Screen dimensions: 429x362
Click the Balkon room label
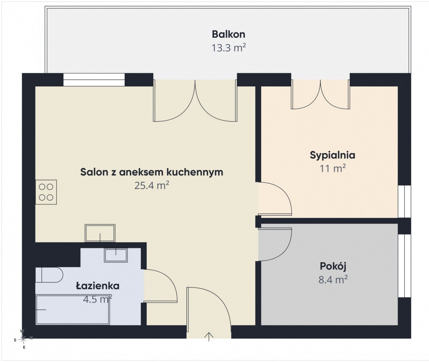coord(228,34)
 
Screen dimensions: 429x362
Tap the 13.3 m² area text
coord(229,48)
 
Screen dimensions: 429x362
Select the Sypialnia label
coord(332,155)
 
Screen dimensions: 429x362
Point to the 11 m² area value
coord(332,169)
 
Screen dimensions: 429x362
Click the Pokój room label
coord(333,267)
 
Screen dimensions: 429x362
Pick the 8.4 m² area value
coord(333,279)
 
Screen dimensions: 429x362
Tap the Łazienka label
coord(98,286)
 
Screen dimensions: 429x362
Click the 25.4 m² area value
coord(152,185)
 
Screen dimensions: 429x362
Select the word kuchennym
coord(194,172)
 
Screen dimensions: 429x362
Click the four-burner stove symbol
coord(46,192)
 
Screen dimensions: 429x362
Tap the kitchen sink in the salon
coord(100,233)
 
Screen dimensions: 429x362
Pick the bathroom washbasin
coord(116,255)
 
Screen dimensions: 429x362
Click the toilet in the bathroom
coord(49,275)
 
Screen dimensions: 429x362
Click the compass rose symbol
coord(23,340)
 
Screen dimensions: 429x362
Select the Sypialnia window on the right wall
coord(404,201)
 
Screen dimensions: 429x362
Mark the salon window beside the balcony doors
coord(94,80)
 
